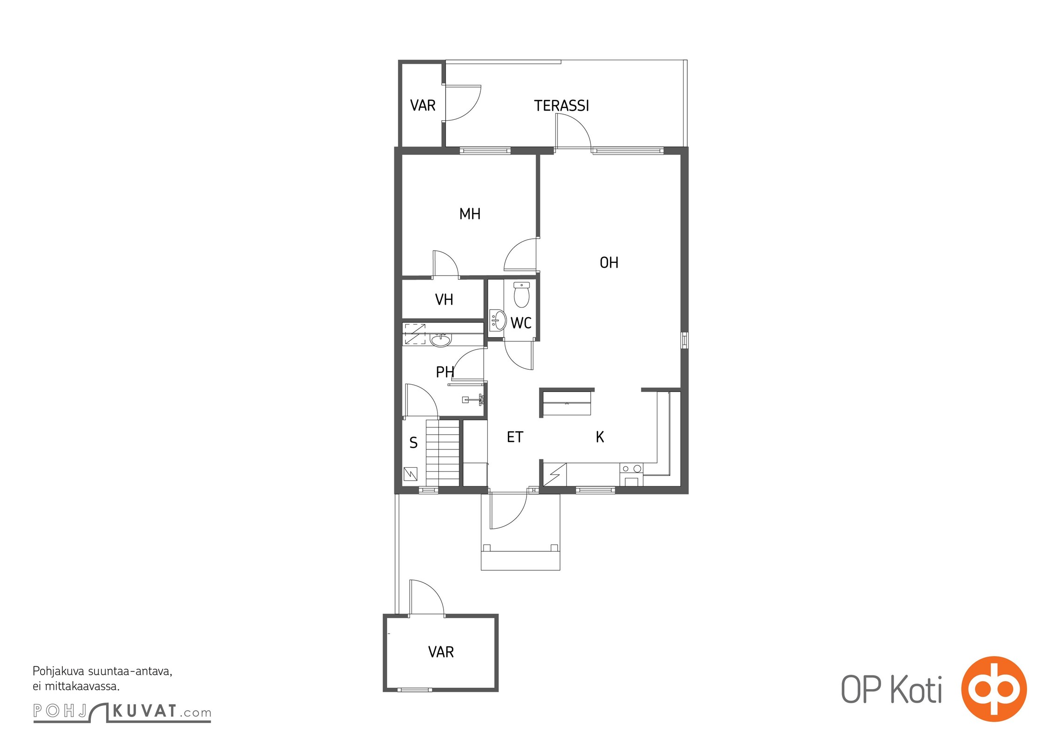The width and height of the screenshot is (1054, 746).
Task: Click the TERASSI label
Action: [561, 106]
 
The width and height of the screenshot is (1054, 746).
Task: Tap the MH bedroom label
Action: [470, 214]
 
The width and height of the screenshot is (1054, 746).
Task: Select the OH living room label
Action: [609, 263]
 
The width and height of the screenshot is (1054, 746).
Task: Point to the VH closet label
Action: [444, 299]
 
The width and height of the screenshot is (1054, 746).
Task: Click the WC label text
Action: [521, 323]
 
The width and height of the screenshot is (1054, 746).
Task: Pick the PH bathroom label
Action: [445, 372]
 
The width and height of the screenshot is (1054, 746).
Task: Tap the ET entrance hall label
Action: [515, 437]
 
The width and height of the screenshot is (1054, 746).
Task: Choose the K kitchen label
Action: [600, 437]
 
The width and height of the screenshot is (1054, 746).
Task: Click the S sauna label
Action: [413, 443]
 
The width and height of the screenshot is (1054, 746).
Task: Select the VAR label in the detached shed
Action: [441, 652]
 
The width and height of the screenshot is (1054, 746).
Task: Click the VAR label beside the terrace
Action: [423, 106]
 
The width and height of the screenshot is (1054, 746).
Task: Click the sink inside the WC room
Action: [498, 320]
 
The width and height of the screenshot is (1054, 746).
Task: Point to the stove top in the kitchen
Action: [631, 469]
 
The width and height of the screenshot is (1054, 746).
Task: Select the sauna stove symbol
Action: [411, 474]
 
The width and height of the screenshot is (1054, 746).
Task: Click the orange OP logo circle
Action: [994, 689]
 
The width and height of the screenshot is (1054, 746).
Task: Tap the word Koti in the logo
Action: [917, 690]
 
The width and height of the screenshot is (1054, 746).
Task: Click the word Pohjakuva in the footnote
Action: [58, 672]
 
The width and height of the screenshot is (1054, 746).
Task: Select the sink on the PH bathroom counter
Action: [440, 340]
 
